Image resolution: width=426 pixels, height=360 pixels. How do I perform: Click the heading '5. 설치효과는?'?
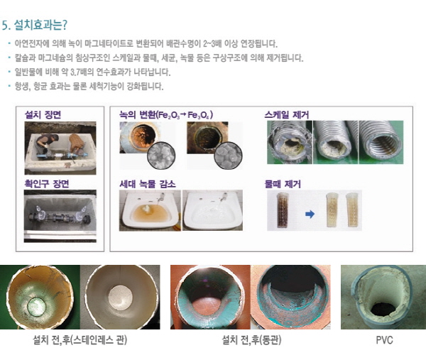[x=35, y=26]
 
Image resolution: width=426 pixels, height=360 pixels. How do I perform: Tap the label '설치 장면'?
[x=43, y=114]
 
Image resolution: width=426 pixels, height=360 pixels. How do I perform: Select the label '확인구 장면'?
[x=47, y=184]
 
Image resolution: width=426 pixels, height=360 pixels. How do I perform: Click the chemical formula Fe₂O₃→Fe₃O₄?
[x=185, y=115]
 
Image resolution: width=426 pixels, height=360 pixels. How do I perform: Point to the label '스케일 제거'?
[x=287, y=114]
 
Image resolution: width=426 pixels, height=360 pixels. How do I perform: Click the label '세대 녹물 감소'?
[x=148, y=184]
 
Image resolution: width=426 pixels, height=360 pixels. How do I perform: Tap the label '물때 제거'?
[x=283, y=184]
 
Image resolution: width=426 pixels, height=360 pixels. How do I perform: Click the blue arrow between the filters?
[x=310, y=214]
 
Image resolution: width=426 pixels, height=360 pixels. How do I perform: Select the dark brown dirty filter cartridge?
[x=283, y=210]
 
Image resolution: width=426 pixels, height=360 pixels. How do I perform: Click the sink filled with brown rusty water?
[x=150, y=210]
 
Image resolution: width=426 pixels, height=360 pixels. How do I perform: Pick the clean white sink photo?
[x=212, y=210]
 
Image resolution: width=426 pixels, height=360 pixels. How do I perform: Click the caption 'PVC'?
[x=384, y=340]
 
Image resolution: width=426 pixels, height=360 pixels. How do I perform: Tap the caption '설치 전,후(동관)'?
[x=251, y=340]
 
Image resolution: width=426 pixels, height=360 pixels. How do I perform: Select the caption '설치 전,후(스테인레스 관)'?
[x=80, y=340]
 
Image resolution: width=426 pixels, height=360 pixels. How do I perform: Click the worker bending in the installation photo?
[x=48, y=143]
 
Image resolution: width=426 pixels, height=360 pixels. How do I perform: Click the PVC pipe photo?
[x=383, y=298]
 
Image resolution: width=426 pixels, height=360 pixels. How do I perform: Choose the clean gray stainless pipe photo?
[x=120, y=298]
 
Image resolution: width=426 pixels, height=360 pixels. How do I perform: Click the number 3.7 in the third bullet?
[x=75, y=72]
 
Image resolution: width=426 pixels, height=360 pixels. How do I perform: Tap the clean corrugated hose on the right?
[x=381, y=143]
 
